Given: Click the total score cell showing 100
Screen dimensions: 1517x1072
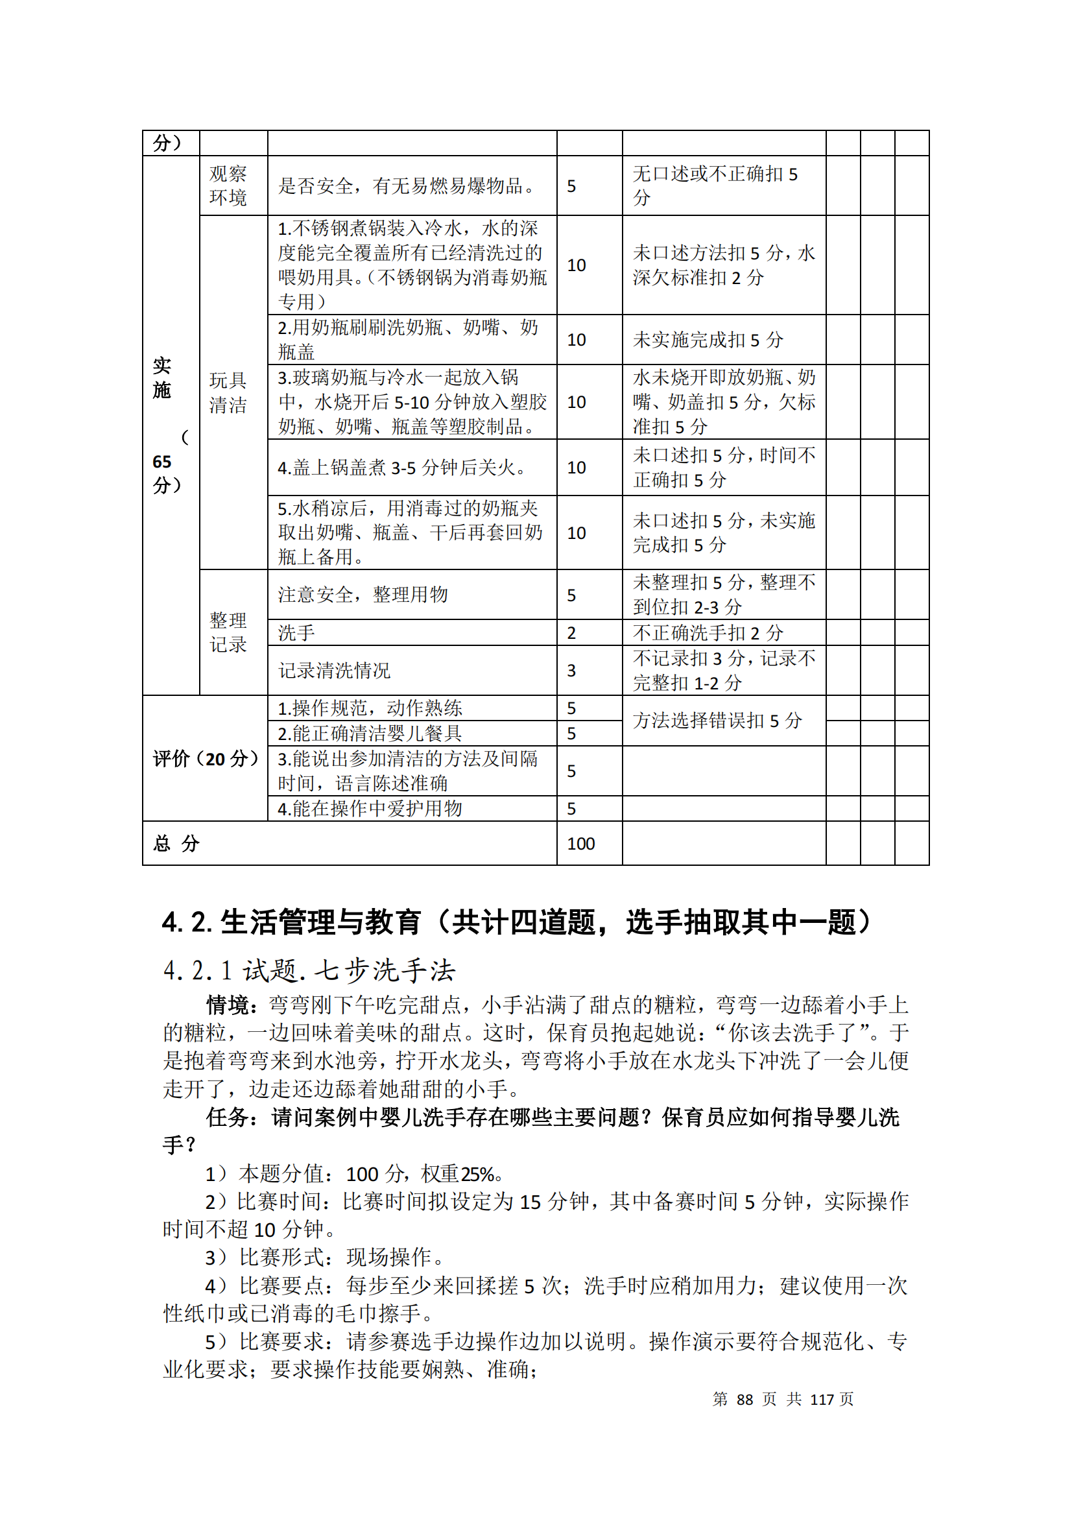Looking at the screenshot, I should point(580,844).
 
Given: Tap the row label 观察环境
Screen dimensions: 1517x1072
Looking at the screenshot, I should point(228,185).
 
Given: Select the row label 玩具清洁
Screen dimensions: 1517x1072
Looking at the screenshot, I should point(228,392).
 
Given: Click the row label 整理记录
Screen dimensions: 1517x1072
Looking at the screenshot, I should point(228,632).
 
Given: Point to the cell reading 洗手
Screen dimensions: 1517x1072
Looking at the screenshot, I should point(296,633).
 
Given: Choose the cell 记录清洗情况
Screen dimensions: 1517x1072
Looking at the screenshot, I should point(334,671).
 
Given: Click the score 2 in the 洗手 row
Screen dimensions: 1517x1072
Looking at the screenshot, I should point(571,633).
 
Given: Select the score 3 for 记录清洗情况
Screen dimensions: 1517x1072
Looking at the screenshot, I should point(571,671).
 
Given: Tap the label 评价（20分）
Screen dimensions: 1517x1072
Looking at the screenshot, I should point(205,759).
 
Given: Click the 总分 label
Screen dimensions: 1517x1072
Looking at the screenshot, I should point(176,844).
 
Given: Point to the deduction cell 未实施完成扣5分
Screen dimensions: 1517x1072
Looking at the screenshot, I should point(708,340).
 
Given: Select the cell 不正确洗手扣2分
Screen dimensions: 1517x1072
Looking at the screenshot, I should point(708,633).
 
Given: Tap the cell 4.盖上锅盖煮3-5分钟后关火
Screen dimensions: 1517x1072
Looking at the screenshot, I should point(401,468).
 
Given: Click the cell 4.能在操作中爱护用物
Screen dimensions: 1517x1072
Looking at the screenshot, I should point(370,809).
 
